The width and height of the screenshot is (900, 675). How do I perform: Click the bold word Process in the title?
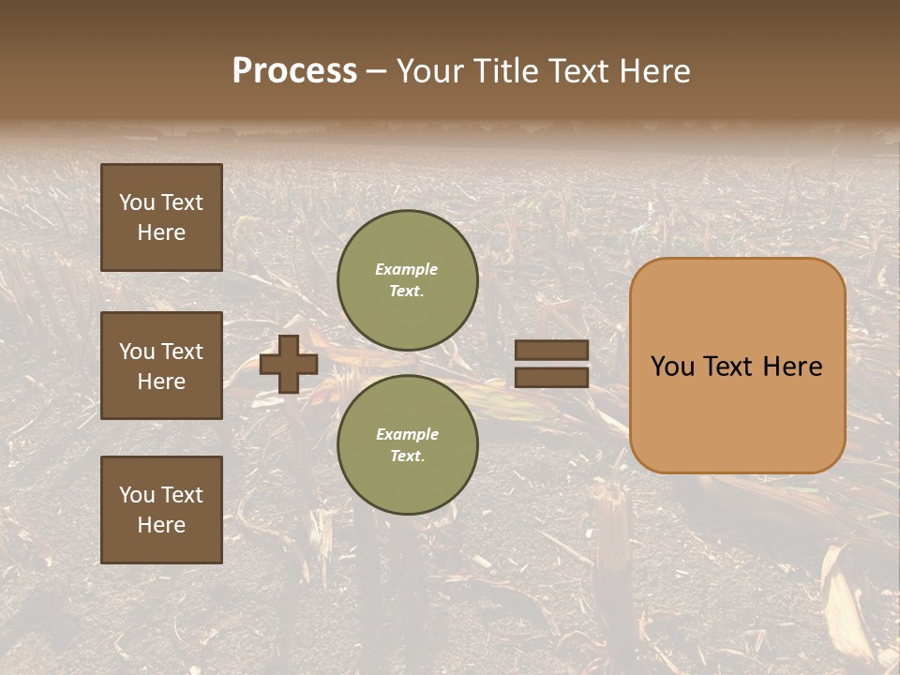(294, 71)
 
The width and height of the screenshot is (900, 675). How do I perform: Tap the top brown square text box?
(161, 217)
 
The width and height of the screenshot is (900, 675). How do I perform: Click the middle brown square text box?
(161, 366)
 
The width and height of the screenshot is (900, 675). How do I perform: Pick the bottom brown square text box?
(161, 510)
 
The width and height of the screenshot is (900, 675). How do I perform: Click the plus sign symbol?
(289, 364)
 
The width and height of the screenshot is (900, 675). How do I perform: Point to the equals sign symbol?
(551, 364)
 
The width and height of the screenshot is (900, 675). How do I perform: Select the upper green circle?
(408, 280)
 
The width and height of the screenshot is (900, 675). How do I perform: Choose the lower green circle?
(408, 445)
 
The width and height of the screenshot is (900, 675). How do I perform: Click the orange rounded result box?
(737, 366)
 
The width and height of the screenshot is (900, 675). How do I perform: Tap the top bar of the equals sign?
(551, 351)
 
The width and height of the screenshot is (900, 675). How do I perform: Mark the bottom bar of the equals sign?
(551, 377)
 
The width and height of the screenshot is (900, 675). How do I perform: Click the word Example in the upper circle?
(407, 269)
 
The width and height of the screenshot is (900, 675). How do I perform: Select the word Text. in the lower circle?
(408, 457)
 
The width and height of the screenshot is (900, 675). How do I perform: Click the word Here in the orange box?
(792, 367)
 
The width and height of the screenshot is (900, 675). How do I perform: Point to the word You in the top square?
(137, 202)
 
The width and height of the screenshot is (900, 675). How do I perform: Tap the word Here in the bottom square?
(161, 525)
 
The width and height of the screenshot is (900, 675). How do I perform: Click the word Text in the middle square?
(182, 352)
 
